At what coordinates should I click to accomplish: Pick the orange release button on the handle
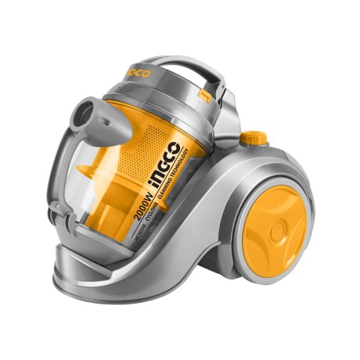[206, 97]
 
